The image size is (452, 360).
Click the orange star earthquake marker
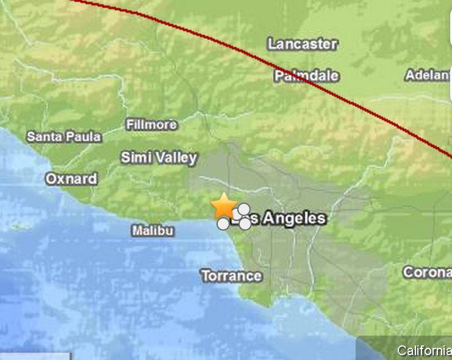click(224, 206)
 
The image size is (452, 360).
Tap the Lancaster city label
click(303, 44)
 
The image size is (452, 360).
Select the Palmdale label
click(306, 76)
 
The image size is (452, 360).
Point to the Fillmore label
click(151, 124)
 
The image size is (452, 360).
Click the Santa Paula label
click(63, 137)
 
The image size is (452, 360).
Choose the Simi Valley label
click(159, 157)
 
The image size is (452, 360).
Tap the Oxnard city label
click(71, 179)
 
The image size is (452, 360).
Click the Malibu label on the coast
click(152, 231)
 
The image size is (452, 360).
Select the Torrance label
click(231, 276)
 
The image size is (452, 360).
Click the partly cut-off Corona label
click(427, 272)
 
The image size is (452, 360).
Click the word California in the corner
click(424, 350)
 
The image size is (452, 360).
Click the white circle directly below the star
click(223, 224)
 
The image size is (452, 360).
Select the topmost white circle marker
click(243, 209)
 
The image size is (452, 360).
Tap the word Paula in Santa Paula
click(84, 137)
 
